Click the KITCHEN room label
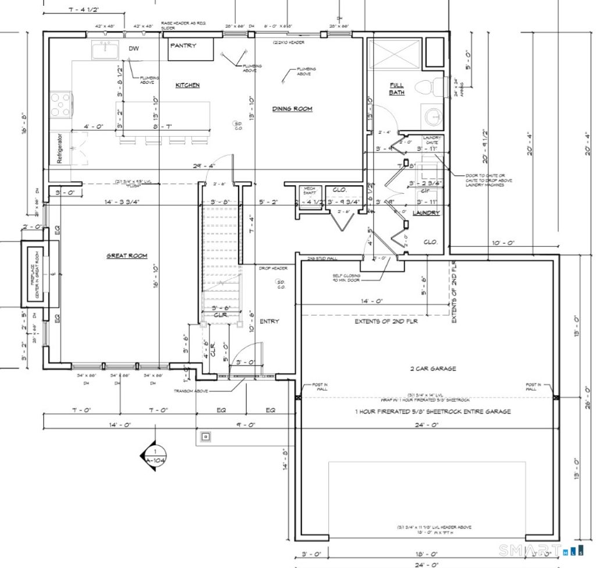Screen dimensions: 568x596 (187, 85)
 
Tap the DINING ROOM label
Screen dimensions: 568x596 (292, 109)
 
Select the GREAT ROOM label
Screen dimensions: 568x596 (126, 255)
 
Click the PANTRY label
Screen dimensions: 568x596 (183, 45)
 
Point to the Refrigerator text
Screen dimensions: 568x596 (59, 148)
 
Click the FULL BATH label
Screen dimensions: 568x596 (396, 89)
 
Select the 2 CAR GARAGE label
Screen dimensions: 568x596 (432, 368)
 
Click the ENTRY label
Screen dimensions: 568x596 (269, 321)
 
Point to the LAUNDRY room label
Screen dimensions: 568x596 (425, 213)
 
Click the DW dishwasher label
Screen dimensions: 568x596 (133, 49)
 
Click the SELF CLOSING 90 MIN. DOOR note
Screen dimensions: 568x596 (348, 278)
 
